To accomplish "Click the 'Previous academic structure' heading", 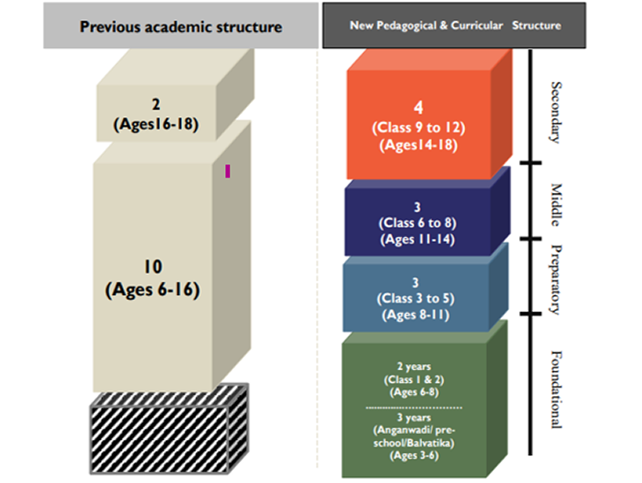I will point(180,27).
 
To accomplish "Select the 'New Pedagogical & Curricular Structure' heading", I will point(455,26).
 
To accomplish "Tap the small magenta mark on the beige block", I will point(227,171).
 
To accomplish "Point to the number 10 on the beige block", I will point(152,267).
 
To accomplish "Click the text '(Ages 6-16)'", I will point(152,288).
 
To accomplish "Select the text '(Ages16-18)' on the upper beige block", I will point(155,125).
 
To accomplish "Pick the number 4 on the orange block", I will point(418,109).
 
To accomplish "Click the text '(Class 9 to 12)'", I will point(418,128).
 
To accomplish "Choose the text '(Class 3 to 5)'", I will point(415,298).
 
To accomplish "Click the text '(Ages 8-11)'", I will point(415,314).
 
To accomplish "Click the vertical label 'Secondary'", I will point(555,112).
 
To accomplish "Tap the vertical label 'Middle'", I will point(555,203).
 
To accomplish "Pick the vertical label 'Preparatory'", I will point(555,279).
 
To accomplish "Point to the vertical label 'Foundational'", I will point(555,389).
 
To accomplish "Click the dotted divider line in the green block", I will point(415,408).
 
